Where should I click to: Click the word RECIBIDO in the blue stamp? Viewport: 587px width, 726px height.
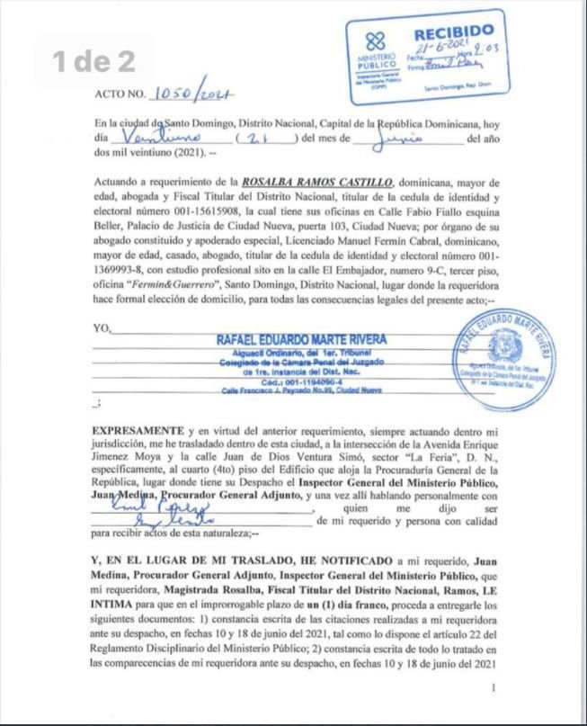pos(453,32)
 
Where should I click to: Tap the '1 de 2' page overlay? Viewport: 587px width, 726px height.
pos(93,61)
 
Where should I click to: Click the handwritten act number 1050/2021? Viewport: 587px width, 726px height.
pos(194,94)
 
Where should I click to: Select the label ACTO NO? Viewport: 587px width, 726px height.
pos(119,94)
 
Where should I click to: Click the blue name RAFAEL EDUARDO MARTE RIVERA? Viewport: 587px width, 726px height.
pos(301,339)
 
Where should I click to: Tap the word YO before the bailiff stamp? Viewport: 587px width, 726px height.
pos(101,329)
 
